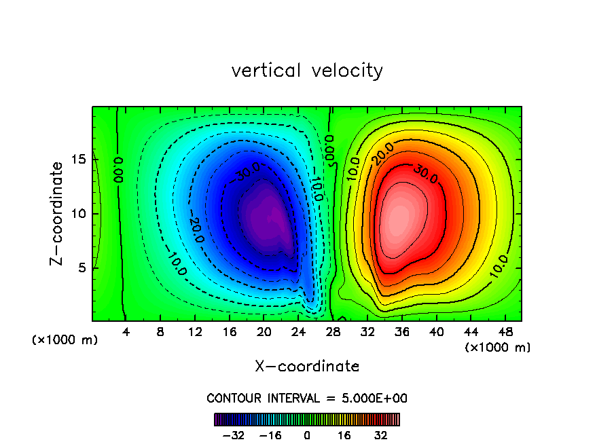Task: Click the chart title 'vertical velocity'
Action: (x=307, y=71)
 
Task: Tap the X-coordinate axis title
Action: (x=307, y=367)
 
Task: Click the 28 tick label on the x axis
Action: (x=333, y=332)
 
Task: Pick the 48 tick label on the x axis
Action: (x=505, y=332)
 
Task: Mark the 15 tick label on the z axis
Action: (x=79, y=160)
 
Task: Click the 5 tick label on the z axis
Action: (x=83, y=267)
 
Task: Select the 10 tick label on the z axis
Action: (x=79, y=214)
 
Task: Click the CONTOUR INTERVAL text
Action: (x=307, y=399)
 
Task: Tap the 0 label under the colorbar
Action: (x=307, y=435)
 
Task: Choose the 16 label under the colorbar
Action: (x=344, y=435)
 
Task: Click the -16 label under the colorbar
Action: (x=270, y=435)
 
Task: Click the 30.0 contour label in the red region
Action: (x=425, y=174)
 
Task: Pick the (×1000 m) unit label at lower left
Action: (x=65, y=340)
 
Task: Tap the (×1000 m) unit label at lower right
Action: (x=498, y=348)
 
